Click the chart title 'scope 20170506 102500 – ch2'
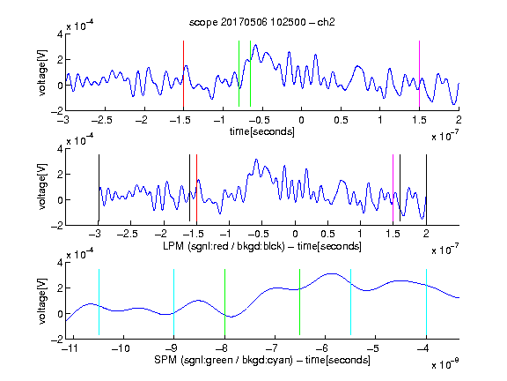262,22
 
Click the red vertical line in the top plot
183,74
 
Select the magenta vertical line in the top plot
419,74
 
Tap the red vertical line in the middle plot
196,188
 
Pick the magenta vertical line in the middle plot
393,188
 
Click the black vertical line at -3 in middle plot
99,188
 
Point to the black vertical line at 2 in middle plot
426,188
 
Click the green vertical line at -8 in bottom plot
224,302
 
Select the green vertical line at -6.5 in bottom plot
300,302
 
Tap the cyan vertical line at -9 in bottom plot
173,302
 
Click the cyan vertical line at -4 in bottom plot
426,302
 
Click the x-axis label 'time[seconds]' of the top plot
262,131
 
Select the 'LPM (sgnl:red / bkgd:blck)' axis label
224,246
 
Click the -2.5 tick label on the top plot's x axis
101,120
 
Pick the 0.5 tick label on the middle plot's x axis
327,234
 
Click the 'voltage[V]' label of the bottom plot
42,302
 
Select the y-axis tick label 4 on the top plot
60,34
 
